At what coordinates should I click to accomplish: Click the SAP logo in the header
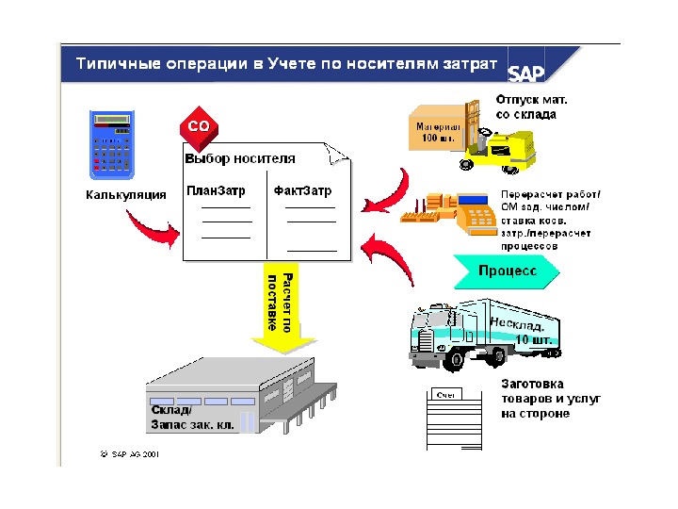pos(526,72)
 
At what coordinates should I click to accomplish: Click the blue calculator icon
pos(112,145)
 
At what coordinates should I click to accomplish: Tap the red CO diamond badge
pos(198,126)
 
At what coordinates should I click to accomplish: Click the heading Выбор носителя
pos(240,158)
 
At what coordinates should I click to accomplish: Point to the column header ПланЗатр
pos(216,190)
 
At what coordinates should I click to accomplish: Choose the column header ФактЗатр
pos(303,190)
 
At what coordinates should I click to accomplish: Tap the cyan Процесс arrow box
pos(507,271)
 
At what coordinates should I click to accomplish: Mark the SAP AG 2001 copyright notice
pos(129,453)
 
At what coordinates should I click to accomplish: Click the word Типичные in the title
pos(113,64)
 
